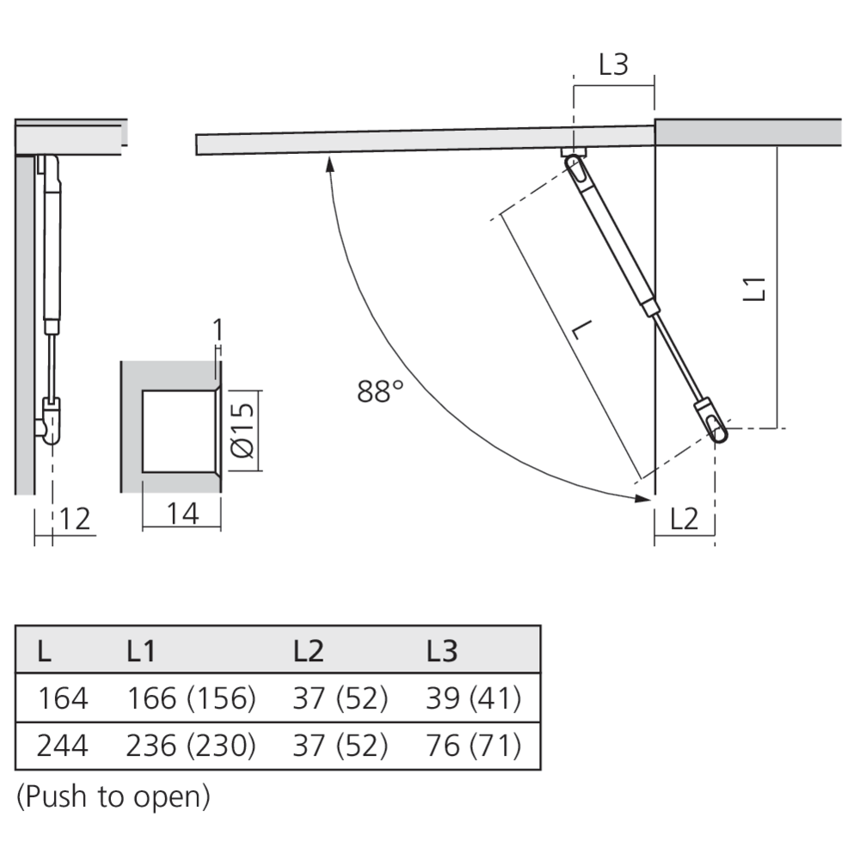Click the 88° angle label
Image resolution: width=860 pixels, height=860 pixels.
380,392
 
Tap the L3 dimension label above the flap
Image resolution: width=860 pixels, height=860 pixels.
613,65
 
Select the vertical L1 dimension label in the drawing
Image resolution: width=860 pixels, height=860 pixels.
754,287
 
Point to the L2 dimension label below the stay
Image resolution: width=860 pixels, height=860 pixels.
684,519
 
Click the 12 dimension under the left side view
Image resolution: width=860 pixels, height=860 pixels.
75,518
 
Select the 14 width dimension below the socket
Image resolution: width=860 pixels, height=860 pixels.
182,513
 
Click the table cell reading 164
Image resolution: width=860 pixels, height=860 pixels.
62,698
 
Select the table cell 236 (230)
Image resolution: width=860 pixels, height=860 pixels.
191,746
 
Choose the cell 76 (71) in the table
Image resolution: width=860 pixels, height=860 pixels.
473,746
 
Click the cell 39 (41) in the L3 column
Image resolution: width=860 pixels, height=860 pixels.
473,698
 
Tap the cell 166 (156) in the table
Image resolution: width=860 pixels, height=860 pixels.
191,698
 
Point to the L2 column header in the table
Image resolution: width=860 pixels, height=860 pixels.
308,652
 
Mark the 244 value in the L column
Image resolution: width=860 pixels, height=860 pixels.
62,746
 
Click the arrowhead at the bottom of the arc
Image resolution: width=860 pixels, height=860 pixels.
640,497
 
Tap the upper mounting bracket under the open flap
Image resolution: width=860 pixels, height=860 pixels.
573,154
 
